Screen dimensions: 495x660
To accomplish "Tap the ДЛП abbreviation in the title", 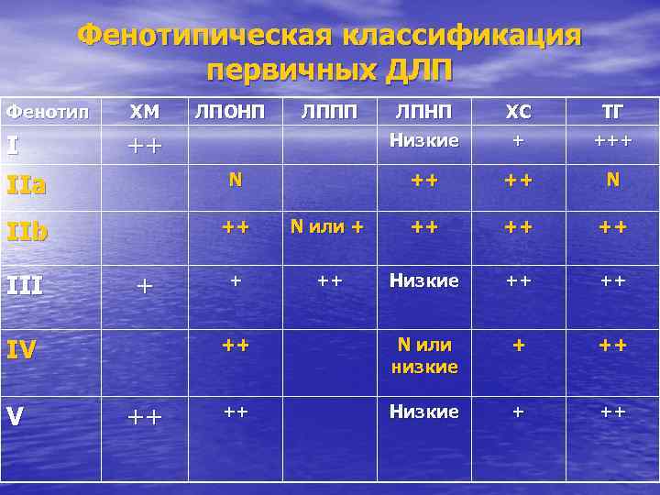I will (x=416, y=71).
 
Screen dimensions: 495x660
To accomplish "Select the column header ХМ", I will (x=144, y=113).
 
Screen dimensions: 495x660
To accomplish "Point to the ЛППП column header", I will (x=327, y=112).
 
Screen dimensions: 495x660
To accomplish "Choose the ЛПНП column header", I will (x=423, y=112).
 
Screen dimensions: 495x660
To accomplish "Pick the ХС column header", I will (x=518, y=113).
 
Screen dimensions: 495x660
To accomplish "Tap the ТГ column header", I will (x=611, y=113).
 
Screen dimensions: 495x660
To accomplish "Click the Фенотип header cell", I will (x=48, y=113).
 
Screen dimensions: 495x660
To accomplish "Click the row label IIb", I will (x=27, y=230).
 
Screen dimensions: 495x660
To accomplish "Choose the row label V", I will (x=14, y=415).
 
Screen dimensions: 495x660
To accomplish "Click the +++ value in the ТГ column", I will (x=611, y=141).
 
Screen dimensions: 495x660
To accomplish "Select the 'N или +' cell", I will (x=327, y=226).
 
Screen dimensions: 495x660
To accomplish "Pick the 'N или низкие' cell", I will (x=423, y=356).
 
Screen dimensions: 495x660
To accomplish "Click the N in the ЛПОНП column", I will (x=235, y=181).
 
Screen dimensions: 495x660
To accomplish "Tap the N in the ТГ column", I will (x=611, y=181).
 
